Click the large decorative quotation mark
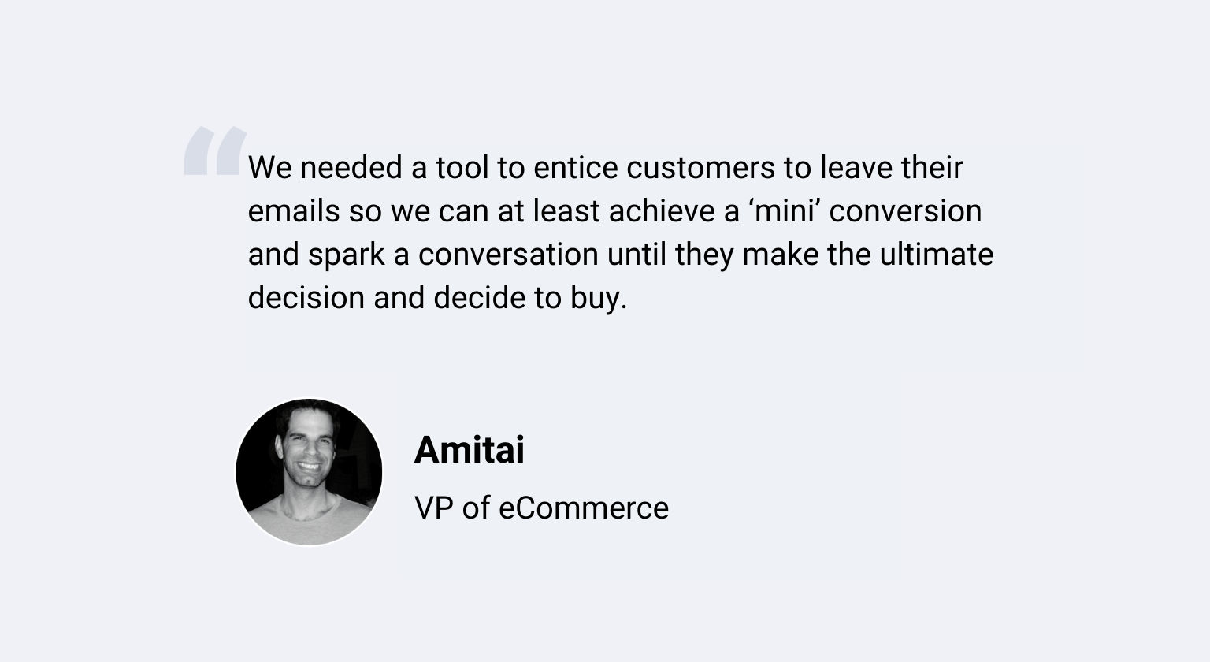(216, 151)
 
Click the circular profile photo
(309, 472)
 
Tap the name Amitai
(469, 450)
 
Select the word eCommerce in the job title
(584, 508)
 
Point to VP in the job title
(434, 508)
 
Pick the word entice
(576, 168)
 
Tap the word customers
(700, 168)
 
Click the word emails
(294, 210)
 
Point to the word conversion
(905, 210)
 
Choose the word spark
(347, 255)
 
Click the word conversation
(508, 255)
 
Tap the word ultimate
(937, 254)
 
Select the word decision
(306, 298)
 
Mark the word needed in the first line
(351, 168)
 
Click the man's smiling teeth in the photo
(309, 466)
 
